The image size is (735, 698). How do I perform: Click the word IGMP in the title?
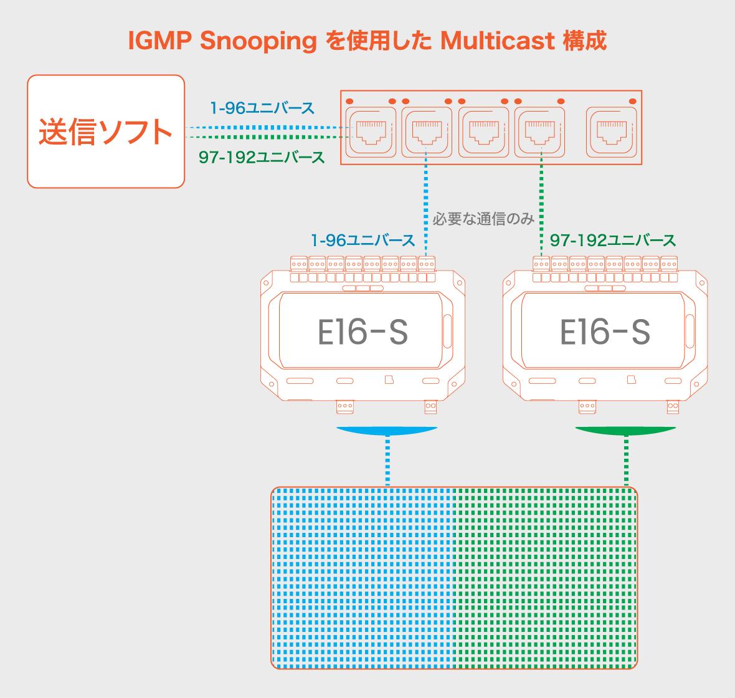(x=160, y=41)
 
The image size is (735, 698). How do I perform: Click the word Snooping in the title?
(x=258, y=41)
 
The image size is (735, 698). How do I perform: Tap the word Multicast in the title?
(x=497, y=41)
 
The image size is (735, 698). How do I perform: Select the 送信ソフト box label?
(x=105, y=132)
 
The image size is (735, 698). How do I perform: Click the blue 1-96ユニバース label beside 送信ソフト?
(x=262, y=108)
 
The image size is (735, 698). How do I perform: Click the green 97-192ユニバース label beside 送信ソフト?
(x=262, y=157)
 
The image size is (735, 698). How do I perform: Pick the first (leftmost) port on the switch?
(x=371, y=132)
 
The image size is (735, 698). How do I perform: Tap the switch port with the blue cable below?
(x=427, y=132)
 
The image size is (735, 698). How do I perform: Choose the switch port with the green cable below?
(x=539, y=132)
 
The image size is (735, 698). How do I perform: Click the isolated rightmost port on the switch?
(x=612, y=132)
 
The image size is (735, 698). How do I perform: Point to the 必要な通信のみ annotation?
(x=483, y=219)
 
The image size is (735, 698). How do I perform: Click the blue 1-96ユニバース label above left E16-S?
(x=363, y=241)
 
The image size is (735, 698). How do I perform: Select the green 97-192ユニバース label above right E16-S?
(x=613, y=241)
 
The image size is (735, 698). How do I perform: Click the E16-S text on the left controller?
(x=363, y=332)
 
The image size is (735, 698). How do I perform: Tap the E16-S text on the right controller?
(x=605, y=332)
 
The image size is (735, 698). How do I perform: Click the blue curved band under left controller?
(x=387, y=431)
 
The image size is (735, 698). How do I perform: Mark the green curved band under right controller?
(x=625, y=431)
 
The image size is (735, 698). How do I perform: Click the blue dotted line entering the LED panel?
(x=387, y=461)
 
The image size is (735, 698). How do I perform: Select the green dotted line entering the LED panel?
(x=626, y=461)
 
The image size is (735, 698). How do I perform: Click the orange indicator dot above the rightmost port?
(x=632, y=102)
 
